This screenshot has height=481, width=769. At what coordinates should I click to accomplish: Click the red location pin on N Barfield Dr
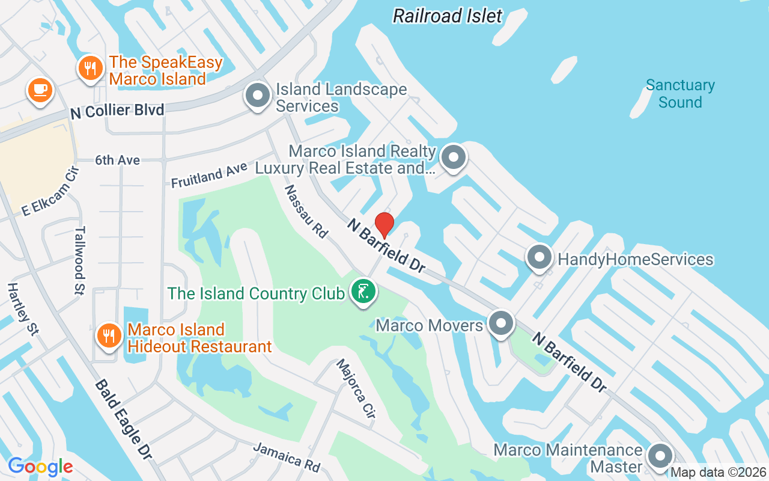(384, 225)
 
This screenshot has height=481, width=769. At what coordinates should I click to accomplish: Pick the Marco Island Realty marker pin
(454, 158)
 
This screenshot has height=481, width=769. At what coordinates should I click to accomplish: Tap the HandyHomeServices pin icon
(539, 258)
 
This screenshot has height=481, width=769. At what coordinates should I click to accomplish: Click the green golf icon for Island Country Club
(363, 292)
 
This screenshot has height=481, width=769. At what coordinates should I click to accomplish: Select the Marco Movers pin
(500, 324)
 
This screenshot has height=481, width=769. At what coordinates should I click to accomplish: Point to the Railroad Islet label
(448, 16)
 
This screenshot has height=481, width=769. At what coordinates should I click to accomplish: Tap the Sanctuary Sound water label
(680, 94)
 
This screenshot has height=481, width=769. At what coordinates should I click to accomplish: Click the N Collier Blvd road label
(117, 110)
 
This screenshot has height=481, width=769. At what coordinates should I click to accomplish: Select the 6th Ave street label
(117, 160)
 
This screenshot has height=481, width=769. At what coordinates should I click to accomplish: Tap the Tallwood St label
(80, 260)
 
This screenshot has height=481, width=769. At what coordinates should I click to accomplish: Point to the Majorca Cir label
(356, 389)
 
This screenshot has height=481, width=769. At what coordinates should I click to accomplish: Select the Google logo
(40, 466)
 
